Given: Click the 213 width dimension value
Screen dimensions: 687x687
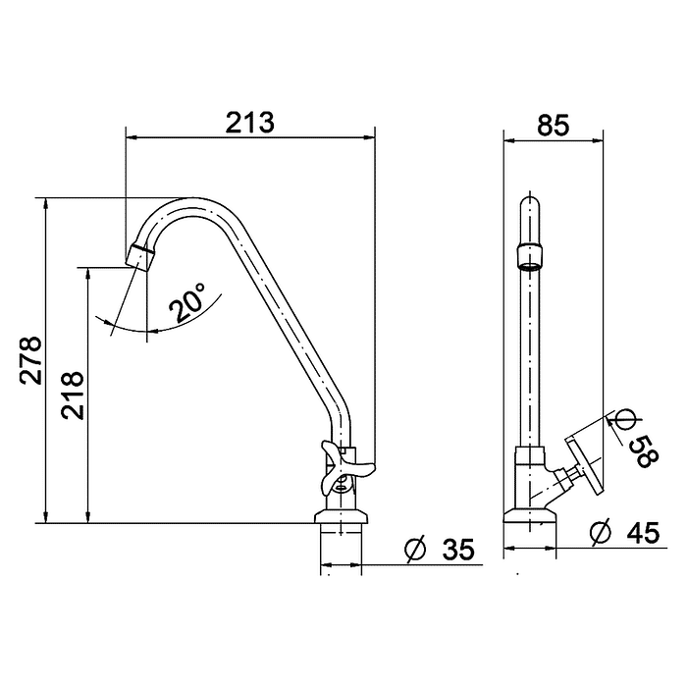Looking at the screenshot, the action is pyautogui.click(x=249, y=123).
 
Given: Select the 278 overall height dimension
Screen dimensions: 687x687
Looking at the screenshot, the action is pyautogui.click(x=31, y=360).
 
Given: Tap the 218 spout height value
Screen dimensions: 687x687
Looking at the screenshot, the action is pyautogui.click(x=73, y=396).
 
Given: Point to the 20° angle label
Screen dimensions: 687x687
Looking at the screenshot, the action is pyautogui.click(x=187, y=302).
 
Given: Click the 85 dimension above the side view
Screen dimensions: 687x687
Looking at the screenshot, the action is pyautogui.click(x=553, y=125).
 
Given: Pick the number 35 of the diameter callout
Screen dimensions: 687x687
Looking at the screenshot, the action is pyautogui.click(x=458, y=550).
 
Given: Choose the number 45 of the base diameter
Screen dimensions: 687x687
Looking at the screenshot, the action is pyautogui.click(x=643, y=533).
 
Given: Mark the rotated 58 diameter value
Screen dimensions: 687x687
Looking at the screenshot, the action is pyautogui.click(x=644, y=451).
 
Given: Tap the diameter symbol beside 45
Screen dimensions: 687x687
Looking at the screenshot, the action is pyautogui.click(x=601, y=532).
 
